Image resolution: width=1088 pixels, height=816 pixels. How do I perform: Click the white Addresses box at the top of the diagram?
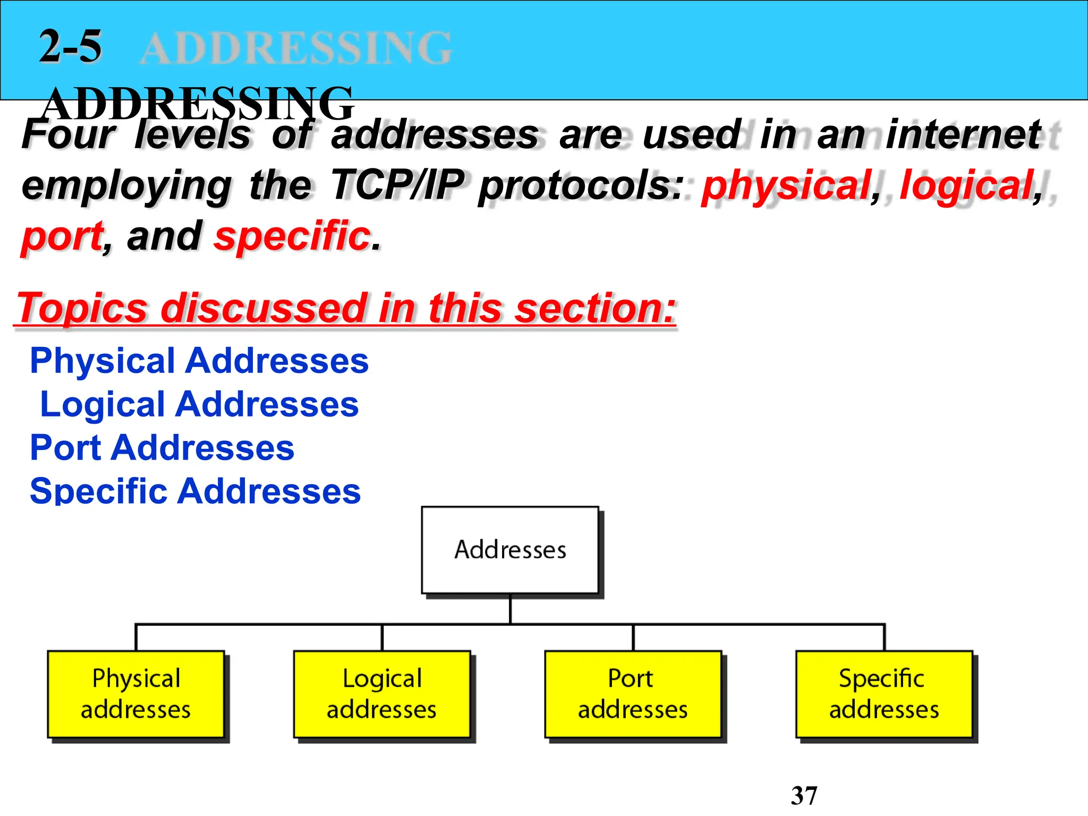pyautogui.click(x=510, y=550)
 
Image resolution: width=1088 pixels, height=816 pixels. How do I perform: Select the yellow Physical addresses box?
pyautogui.click(x=136, y=694)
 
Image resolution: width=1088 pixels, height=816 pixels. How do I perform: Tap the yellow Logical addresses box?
pyautogui.click(x=382, y=694)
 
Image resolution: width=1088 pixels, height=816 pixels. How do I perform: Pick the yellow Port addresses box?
pyautogui.click(x=633, y=694)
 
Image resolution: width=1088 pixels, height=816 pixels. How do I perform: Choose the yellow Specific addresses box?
pyautogui.click(x=884, y=694)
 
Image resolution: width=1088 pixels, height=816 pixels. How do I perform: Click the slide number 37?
pyautogui.click(x=804, y=796)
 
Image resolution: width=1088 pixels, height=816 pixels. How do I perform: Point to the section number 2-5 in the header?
pyautogui.click(x=70, y=47)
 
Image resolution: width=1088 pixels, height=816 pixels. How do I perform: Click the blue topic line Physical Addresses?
pyautogui.click(x=199, y=361)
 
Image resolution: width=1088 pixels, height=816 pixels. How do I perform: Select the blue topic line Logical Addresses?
pyautogui.click(x=199, y=404)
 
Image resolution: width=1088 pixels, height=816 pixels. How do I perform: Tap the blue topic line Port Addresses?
pyautogui.click(x=162, y=448)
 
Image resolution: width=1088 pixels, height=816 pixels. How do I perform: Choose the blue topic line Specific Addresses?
pyautogui.click(x=195, y=491)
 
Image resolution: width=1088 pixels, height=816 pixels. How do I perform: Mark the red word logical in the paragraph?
pyautogui.click(x=966, y=185)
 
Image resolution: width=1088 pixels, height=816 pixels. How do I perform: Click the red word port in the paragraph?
pyautogui.click(x=63, y=237)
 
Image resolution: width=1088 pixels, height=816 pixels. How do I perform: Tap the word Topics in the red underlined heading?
pyautogui.click(x=82, y=308)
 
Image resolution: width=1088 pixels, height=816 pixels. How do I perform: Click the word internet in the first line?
pyautogui.click(x=964, y=135)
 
